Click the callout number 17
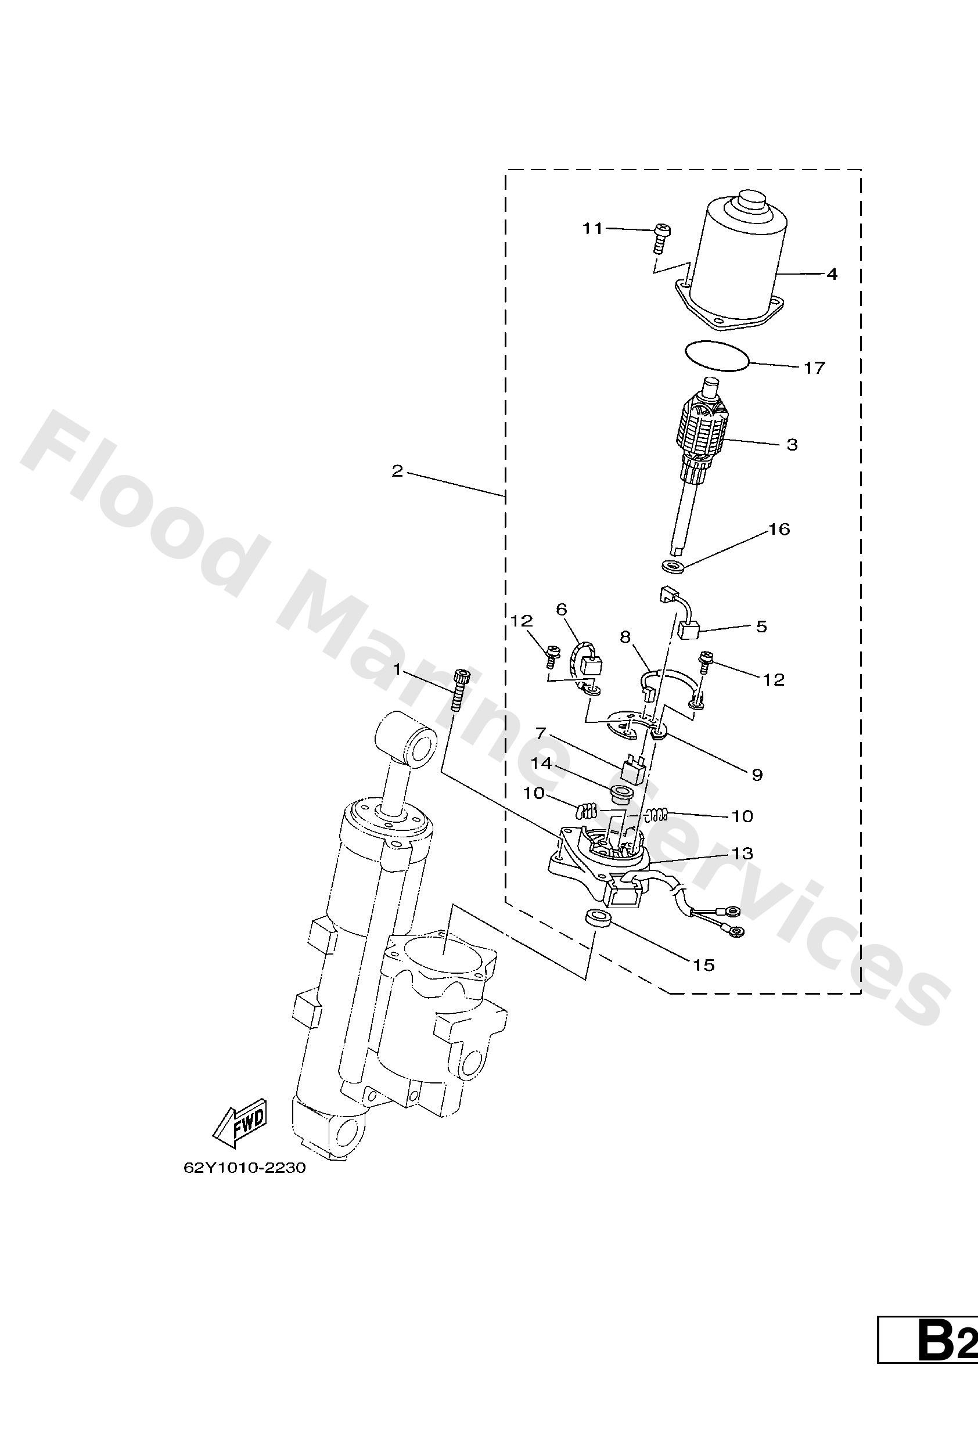click(x=814, y=368)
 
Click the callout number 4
click(x=832, y=273)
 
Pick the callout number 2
click(x=397, y=471)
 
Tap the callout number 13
click(x=741, y=853)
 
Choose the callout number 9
click(x=757, y=774)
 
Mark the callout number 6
click(x=561, y=610)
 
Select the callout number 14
click(x=541, y=764)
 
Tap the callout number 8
click(x=625, y=636)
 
